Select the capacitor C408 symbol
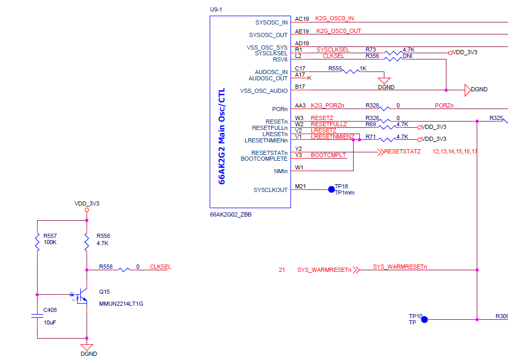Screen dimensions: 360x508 pyautogui.click(x=37, y=316)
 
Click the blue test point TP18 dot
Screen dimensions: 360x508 pyautogui.click(x=331, y=189)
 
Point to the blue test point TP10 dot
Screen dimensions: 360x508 pyautogui.click(x=425, y=319)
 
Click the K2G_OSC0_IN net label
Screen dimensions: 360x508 pyautogui.click(x=334, y=19)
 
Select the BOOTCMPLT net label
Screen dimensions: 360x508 pyautogui.click(x=328, y=155)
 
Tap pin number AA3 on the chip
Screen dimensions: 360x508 pyautogui.click(x=300, y=106)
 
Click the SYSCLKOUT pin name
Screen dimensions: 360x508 pyautogui.click(x=270, y=190)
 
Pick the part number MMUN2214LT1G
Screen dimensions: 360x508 pyautogui.click(x=121, y=304)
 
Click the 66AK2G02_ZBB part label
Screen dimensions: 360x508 pyautogui.click(x=231, y=214)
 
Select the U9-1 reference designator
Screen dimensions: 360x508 pyautogui.click(x=215, y=9)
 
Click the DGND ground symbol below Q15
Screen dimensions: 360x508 pyautogui.click(x=87, y=347)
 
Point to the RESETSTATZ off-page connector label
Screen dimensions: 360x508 pyautogui.click(x=402, y=152)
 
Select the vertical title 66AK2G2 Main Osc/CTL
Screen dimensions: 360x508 pyautogui.click(x=222, y=136)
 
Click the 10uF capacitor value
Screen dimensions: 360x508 pyautogui.click(x=50, y=323)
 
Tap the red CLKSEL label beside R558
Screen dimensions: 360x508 pyautogui.click(x=160, y=267)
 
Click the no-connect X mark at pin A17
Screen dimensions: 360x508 pyautogui.click(x=309, y=78)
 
